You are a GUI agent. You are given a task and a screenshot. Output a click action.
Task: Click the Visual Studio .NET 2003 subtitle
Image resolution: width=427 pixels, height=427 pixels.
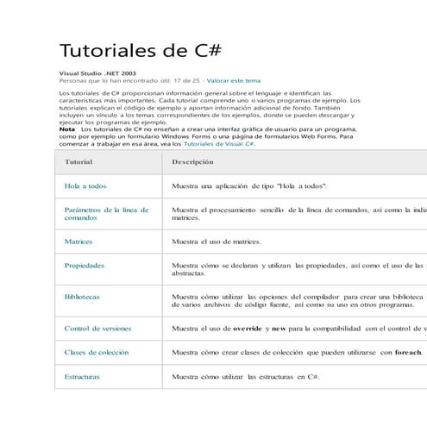tap(97, 73)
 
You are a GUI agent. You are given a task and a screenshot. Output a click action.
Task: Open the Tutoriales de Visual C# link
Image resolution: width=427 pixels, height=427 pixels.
tap(219, 143)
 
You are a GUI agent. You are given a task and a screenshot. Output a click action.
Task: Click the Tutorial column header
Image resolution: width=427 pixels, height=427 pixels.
tap(79, 162)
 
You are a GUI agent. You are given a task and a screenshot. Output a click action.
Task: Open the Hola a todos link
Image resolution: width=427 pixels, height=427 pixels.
tap(85, 186)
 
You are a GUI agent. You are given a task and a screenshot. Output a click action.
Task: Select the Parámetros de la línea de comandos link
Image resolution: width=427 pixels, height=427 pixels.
tap(106, 214)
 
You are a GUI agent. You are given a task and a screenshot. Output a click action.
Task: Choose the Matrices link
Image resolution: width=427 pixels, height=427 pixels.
tap(78, 242)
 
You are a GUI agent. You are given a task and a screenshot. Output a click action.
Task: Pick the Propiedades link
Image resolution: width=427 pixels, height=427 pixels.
tap(85, 266)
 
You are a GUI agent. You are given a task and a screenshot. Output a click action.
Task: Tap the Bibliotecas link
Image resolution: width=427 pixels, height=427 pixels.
tap(82, 297)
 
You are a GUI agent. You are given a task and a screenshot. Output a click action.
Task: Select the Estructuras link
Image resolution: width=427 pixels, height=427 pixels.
tap(82, 377)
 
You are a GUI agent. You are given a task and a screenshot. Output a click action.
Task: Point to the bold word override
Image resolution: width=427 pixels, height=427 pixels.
tap(248, 328)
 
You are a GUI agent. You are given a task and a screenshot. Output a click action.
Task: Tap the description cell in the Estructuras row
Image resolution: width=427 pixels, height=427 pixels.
tap(246, 377)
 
